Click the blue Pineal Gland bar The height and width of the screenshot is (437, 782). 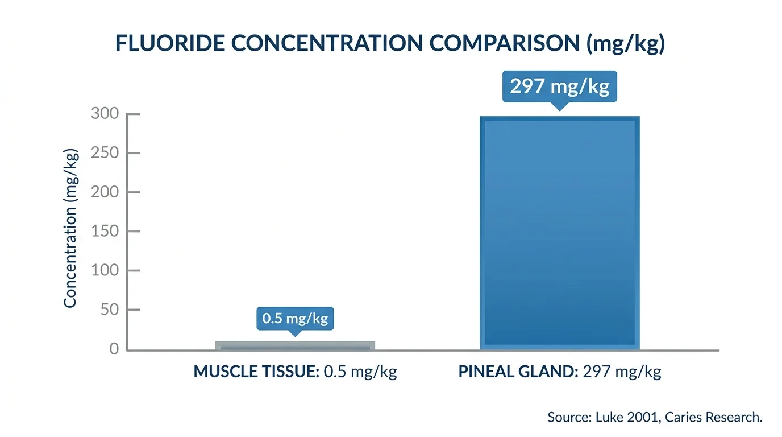[x=559, y=233]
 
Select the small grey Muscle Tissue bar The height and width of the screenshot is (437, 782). [x=294, y=345]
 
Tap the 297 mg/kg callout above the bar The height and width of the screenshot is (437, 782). [x=559, y=86]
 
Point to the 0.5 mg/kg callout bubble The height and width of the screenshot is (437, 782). [x=295, y=318]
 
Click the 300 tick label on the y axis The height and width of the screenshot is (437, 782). [x=105, y=114]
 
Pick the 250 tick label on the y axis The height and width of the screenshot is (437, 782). [x=105, y=153]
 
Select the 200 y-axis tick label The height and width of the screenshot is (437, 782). [x=105, y=192]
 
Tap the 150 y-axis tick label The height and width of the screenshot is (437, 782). [x=105, y=232]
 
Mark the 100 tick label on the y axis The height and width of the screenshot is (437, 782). [x=105, y=271]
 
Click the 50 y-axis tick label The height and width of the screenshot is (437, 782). [x=109, y=310]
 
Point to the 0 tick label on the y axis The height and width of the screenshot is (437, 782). [x=114, y=349]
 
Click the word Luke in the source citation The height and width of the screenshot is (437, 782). [x=609, y=417]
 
